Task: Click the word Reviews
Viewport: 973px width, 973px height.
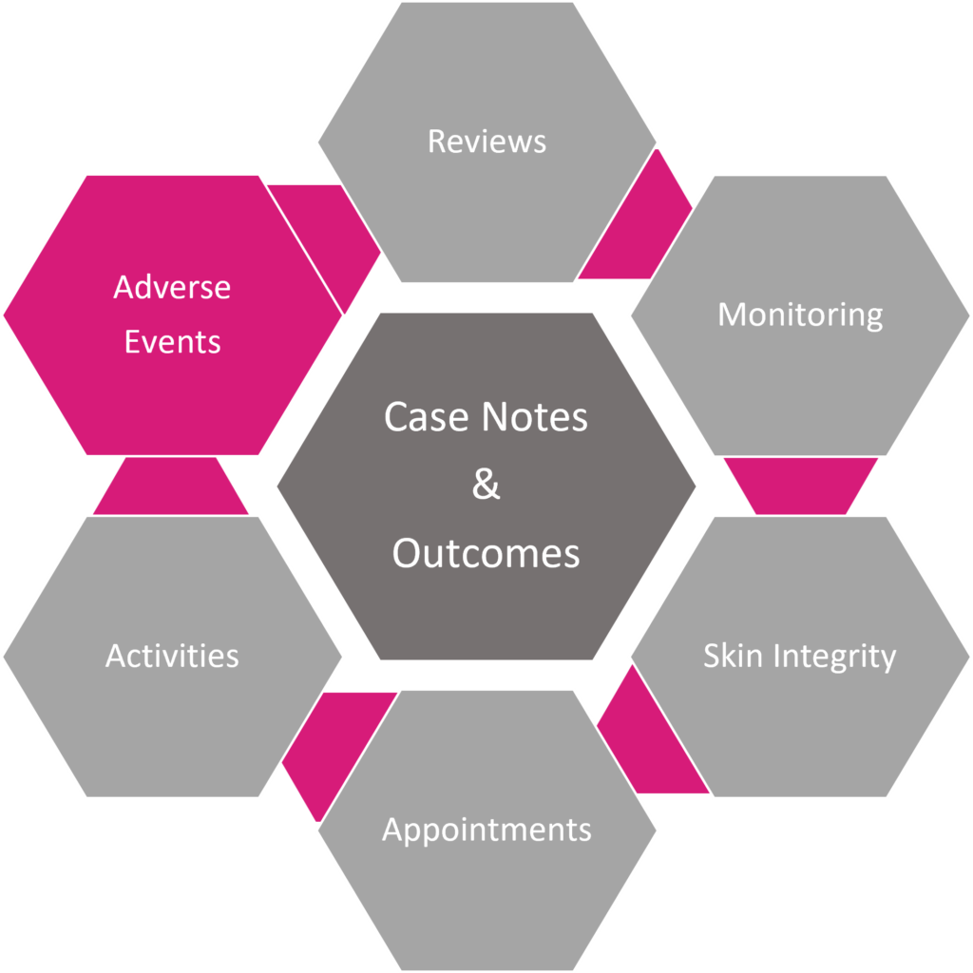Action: tap(486, 142)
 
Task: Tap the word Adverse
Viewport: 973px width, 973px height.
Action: tap(172, 287)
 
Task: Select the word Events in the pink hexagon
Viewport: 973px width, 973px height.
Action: tap(172, 342)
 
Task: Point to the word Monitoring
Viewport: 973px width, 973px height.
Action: tap(800, 315)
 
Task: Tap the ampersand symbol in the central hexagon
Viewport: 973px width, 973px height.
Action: tap(486, 485)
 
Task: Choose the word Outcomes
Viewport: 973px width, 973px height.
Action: tap(486, 553)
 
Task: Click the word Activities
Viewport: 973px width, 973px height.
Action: tap(172, 656)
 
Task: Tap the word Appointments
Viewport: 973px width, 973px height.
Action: tap(486, 830)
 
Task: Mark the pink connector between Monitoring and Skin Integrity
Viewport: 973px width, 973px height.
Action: tap(800, 485)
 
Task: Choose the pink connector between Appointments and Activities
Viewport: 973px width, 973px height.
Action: tap(328, 741)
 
